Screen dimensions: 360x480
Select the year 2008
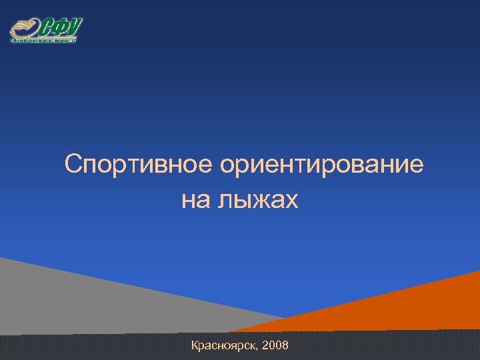click(275, 345)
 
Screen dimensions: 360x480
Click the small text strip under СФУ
click(44, 41)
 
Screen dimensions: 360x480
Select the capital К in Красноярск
click(195, 345)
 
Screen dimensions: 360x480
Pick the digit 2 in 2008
click(266, 345)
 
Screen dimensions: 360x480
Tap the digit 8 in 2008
click(285, 345)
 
